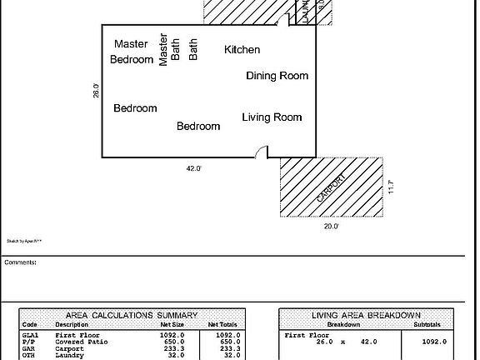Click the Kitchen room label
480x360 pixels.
[242, 50]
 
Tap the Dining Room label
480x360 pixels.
[277, 76]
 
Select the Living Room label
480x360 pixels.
[272, 117]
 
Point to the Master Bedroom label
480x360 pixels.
[132, 52]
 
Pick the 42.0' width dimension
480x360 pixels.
[193, 168]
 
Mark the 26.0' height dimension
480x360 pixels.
[96, 91]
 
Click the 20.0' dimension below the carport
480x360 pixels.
[331, 226]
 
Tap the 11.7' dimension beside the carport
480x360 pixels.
[391, 187]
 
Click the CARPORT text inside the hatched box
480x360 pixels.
[331, 187]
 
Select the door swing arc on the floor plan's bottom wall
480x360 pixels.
[262, 151]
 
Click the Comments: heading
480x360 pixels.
[20, 262]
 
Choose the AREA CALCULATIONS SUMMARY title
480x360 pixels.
[132, 316]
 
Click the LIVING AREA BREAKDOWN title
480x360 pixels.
[366, 316]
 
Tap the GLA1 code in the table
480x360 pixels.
[30, 334]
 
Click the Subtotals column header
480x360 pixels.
[430, 324]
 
